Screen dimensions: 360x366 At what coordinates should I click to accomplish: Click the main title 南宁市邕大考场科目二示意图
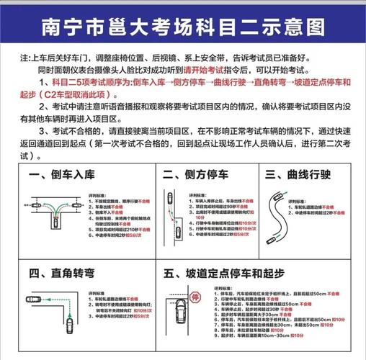click(183, 27)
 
